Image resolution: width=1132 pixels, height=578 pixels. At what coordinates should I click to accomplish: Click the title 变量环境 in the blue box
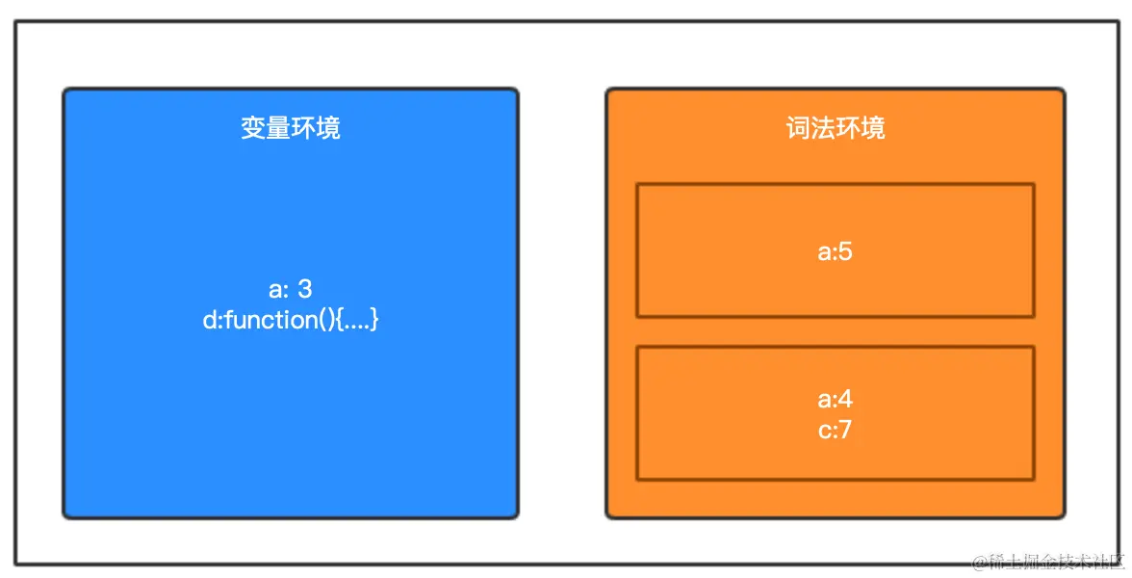click(x=290, y=128)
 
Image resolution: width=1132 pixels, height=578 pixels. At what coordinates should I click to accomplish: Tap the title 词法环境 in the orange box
click(x=835, y=128)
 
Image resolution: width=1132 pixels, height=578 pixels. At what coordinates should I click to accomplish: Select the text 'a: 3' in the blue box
click(x=290, y=289)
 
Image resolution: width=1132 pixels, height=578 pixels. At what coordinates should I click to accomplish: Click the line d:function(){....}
click(x=290, y=320)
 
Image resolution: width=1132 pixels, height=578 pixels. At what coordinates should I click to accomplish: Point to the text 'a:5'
click(x=835, y=252)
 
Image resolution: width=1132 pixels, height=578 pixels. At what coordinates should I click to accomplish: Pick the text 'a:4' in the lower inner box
click(x=835, y=400)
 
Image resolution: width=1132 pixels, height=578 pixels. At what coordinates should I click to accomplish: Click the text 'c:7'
click(x=835, y=430)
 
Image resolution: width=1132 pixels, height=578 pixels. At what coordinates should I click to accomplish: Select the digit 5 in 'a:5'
click(x=846, y=252)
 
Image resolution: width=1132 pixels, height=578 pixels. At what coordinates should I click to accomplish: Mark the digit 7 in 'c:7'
click(x=845, y=430)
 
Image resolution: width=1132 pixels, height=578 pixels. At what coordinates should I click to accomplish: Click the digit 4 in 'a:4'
click(x=846, y=400)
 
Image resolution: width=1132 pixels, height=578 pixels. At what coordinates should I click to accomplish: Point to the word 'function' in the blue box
click(x=265, y=320)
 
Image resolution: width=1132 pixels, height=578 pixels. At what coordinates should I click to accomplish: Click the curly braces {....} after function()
click(x=354, y=320)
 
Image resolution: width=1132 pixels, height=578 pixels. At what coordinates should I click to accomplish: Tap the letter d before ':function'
click(x=209, y=320)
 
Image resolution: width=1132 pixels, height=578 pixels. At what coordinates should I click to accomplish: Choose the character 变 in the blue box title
click(x=253, y=128)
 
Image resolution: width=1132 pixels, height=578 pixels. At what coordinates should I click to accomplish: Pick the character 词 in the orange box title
click(x=798, y=128)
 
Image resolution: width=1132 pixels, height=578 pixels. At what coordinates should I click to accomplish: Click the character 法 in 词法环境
click(x=822, y=128)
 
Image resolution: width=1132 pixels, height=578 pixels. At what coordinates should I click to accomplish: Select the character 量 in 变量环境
click(x=277, y=128)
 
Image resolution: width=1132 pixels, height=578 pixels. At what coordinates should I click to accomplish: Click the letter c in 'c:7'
click(x=823, y=431)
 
